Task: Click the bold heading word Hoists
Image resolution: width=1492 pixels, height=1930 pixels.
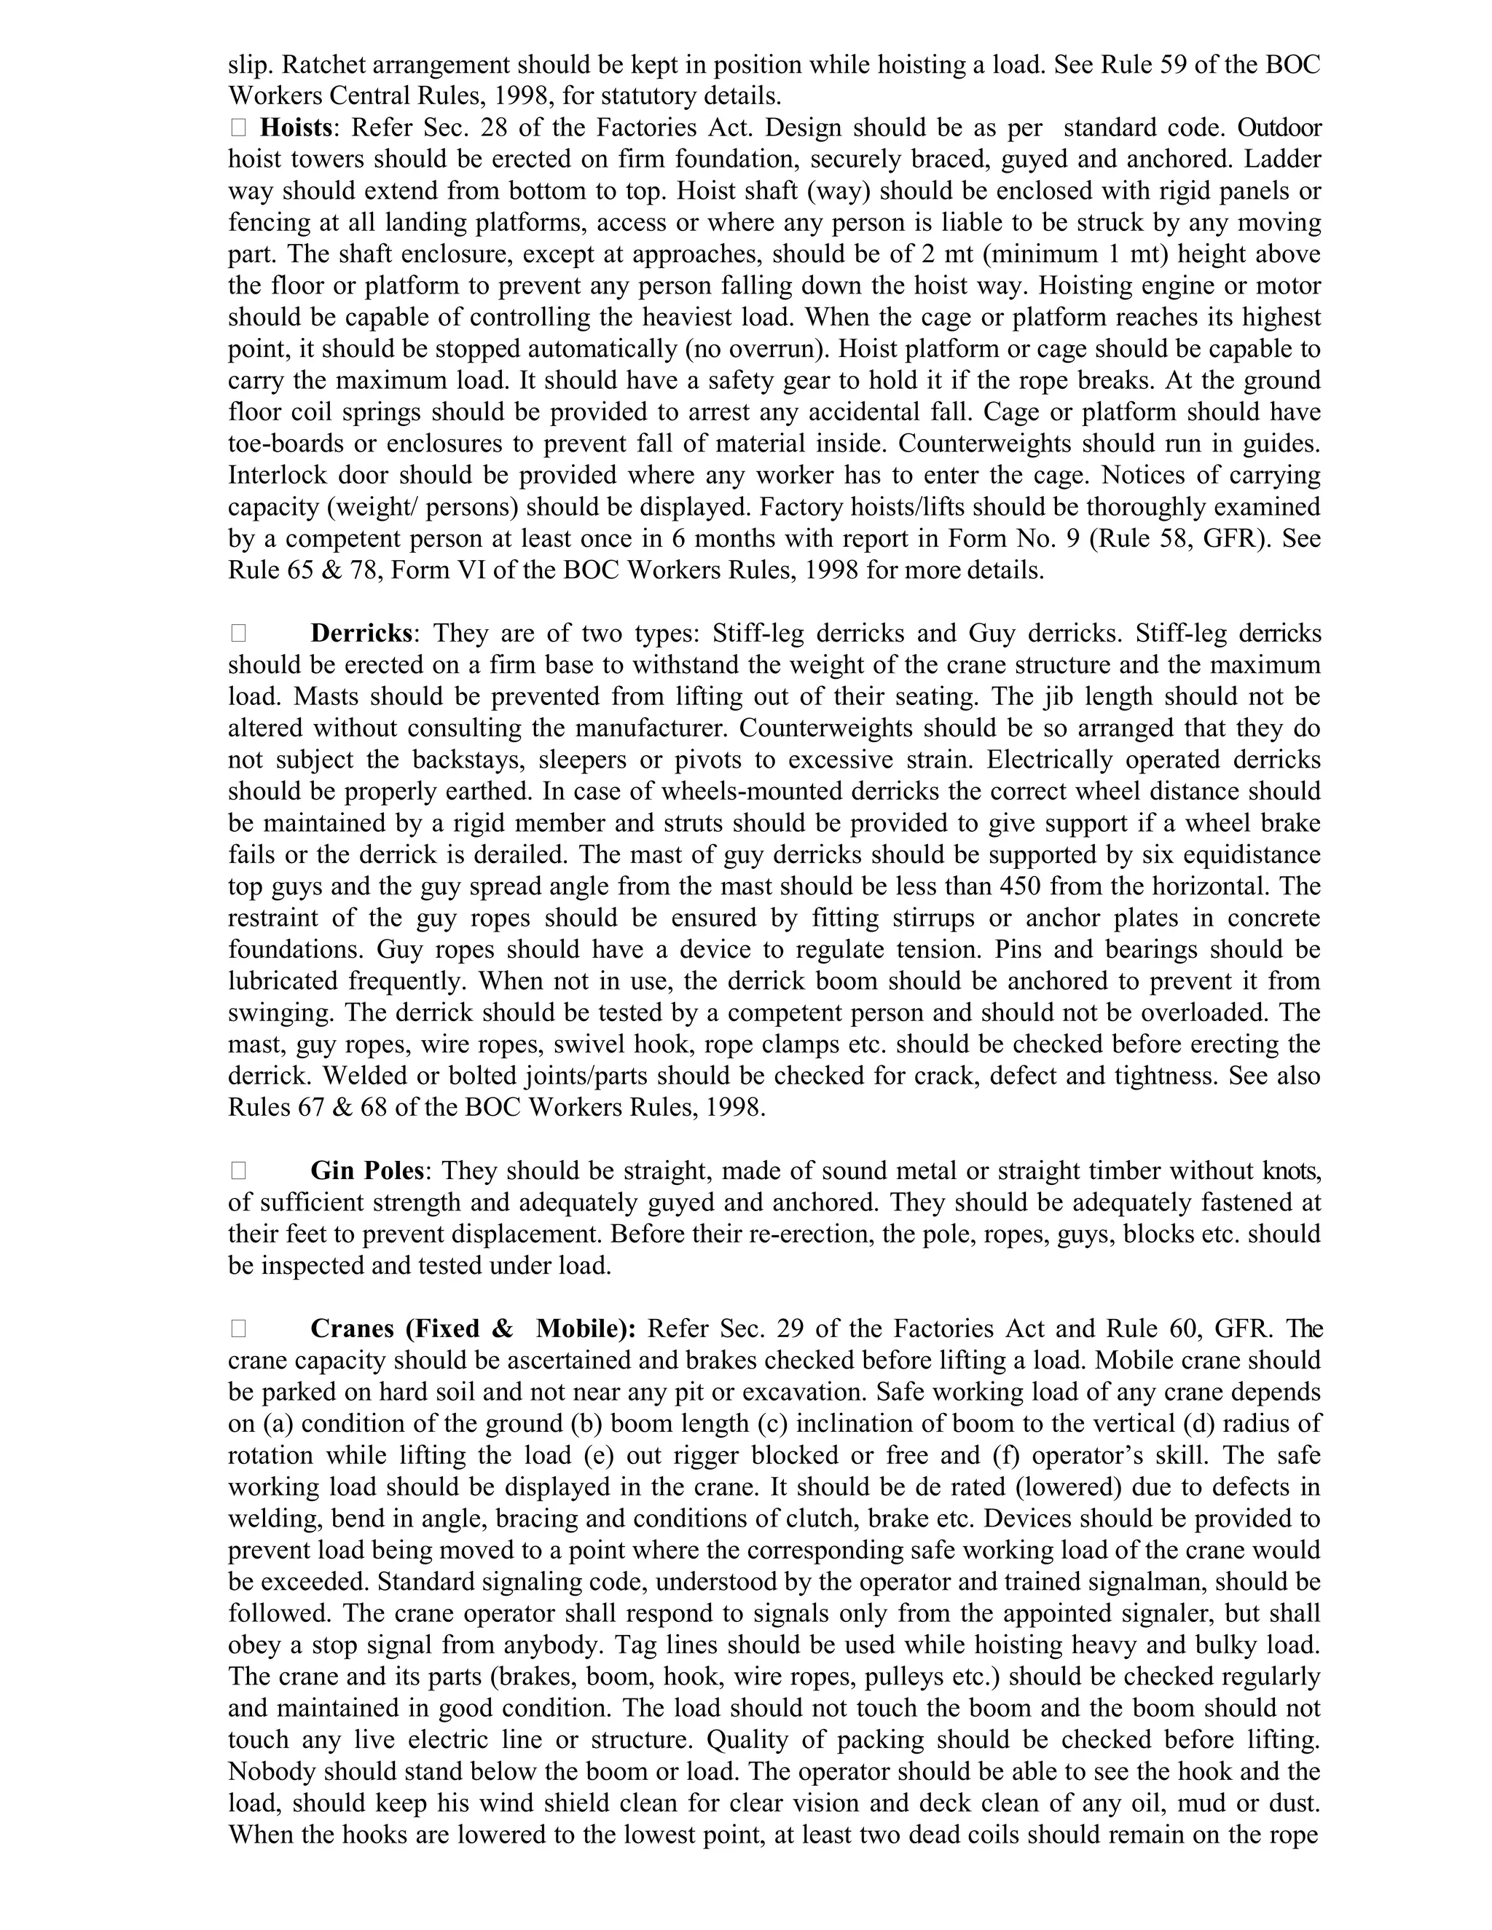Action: pyautogui.click(x=296, y=128)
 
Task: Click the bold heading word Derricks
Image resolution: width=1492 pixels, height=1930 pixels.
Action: pyautogui.click(x=361, y=634)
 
